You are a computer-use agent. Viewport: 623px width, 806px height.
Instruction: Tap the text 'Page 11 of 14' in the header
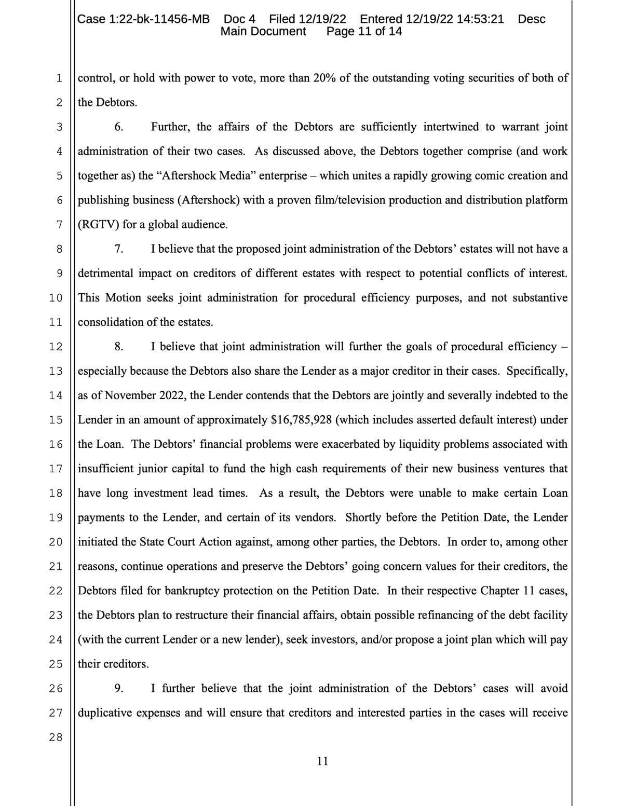click(x=364, y=32)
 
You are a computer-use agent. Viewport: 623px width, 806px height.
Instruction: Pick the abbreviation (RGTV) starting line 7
click(x=99, y=225)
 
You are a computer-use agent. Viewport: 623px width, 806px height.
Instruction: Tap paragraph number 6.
click(x=119, y=127)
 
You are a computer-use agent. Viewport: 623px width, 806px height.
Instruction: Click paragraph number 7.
click(x=119, y=249)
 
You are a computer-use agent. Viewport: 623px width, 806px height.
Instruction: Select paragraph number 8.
click(x=119, y=347)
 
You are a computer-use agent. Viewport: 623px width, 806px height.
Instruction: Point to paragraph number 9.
click(x=119, y=689)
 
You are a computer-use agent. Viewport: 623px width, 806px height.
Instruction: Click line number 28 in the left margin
click(x=56, y=737)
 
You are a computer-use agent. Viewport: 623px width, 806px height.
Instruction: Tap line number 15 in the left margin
click(x=56, y=420)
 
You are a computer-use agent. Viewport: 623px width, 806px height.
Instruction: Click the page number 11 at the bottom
click(x=322, y=761)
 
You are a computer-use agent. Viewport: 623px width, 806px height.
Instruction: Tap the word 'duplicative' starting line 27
click(x=105, y=713)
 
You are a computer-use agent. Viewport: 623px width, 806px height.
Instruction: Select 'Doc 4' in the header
click(x=239, y=19)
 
